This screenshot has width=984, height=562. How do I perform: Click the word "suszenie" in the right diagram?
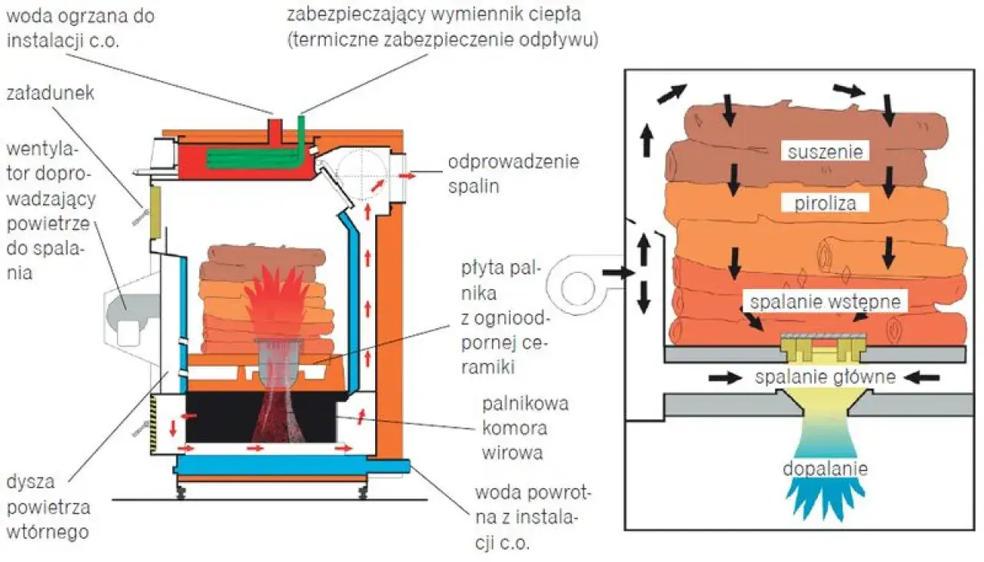pyautogui.click(x=825, y=151)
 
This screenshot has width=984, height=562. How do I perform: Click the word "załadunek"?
pyautogui.click(x=50, y=94)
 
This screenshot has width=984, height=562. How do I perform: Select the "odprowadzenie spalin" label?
pyautogui.click(x=513, y=174)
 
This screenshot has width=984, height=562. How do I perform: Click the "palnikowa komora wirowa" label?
pyautogui.click(x=525, y=427)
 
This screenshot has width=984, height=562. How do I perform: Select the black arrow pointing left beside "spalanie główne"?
pyautogui.click(x=922, y=377)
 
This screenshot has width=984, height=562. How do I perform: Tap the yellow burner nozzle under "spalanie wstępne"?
pyautogui.click(x=823, y=348)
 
